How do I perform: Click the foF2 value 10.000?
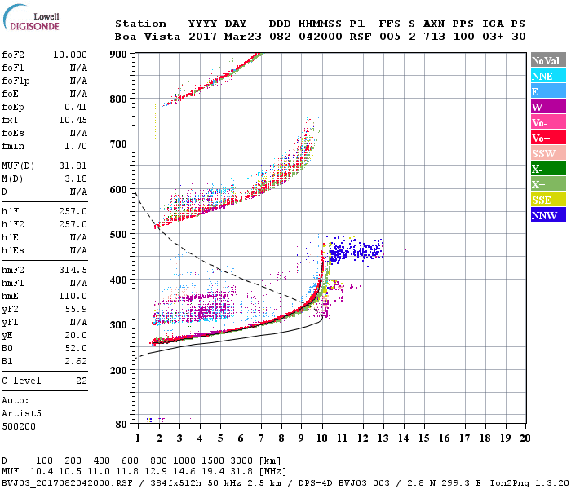point(70,55)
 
